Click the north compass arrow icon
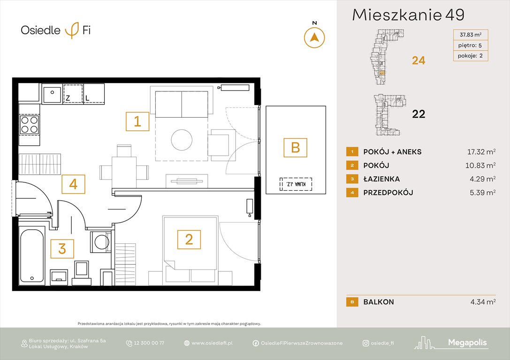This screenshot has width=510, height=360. (314, 37)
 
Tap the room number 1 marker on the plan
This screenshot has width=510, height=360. (137, 122)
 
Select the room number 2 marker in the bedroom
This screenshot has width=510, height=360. (189, 240)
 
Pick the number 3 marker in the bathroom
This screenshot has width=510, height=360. (62, 248)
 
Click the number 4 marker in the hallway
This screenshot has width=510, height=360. (73, 184)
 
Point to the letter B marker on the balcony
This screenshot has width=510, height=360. (295, 148)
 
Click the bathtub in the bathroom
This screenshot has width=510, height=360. (33, 256)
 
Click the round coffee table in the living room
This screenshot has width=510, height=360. (182, 139)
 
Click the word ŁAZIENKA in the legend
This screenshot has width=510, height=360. (381, 179)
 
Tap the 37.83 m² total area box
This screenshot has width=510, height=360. (471, 34)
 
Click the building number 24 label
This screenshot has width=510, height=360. (418, 60)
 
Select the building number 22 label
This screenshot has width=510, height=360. (418, 114)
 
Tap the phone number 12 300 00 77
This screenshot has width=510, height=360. (149, 343)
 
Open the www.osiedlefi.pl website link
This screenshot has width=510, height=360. (212, 343)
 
